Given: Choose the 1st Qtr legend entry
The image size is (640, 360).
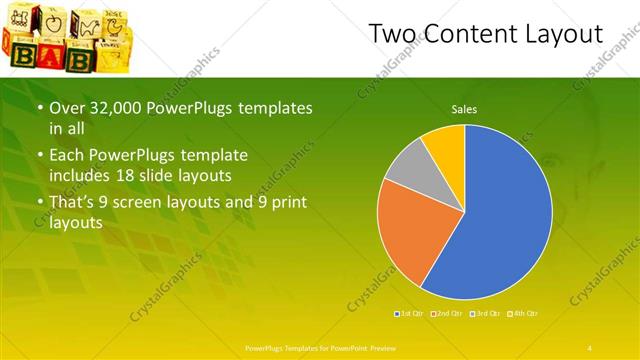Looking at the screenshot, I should tap(409, 314).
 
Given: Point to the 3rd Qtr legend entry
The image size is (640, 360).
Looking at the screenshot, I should tap(485, 314).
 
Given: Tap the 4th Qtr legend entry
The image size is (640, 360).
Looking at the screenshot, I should tap(523, 314).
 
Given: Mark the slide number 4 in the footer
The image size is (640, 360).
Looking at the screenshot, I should tap(590, 347).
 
